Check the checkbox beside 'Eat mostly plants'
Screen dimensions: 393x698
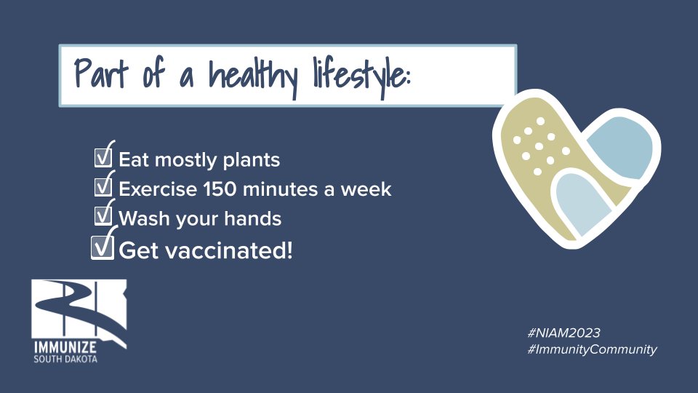tap(104, 157)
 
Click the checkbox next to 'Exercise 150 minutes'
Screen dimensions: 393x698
tap(104, 188)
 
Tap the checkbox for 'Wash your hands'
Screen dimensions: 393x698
tap(104, 216)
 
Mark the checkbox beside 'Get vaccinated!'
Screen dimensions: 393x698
tap(102, 248)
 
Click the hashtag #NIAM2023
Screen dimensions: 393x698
tap(564, 333)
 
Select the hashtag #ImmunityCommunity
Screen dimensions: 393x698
tap(592, 349)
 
